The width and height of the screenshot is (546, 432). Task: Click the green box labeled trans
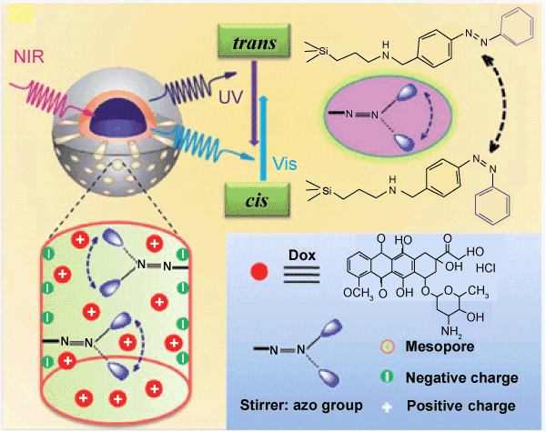point(254,41)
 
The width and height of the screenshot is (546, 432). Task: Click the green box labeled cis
point(258,200)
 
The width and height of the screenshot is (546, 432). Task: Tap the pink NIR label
point(29,56)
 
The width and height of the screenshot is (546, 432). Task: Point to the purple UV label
point(230,97)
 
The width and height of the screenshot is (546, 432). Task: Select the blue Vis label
point(285,164)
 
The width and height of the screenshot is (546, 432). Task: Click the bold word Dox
point(302,256)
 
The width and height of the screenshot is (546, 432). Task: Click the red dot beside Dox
point(259,272)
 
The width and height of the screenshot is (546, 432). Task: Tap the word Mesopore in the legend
point(440,347)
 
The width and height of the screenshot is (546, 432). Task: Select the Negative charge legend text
point(461,377)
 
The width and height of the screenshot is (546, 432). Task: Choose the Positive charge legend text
point(461,406)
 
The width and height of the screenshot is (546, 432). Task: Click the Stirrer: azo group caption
point(301,406)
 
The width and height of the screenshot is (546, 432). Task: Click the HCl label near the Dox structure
point(486,268)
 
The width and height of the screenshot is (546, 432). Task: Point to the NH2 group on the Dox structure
point(451,331)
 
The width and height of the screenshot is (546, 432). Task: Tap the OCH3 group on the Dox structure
point(359,294)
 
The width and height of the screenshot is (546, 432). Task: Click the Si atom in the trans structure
point(323,51)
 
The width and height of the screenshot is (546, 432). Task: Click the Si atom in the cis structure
point(327,191)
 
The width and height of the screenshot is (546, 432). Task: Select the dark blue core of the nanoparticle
point(117,118)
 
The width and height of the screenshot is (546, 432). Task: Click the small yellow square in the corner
point(22,15)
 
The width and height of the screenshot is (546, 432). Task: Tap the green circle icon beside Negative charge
point(388,377)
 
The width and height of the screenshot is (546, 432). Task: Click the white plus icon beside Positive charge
point(387,407)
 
